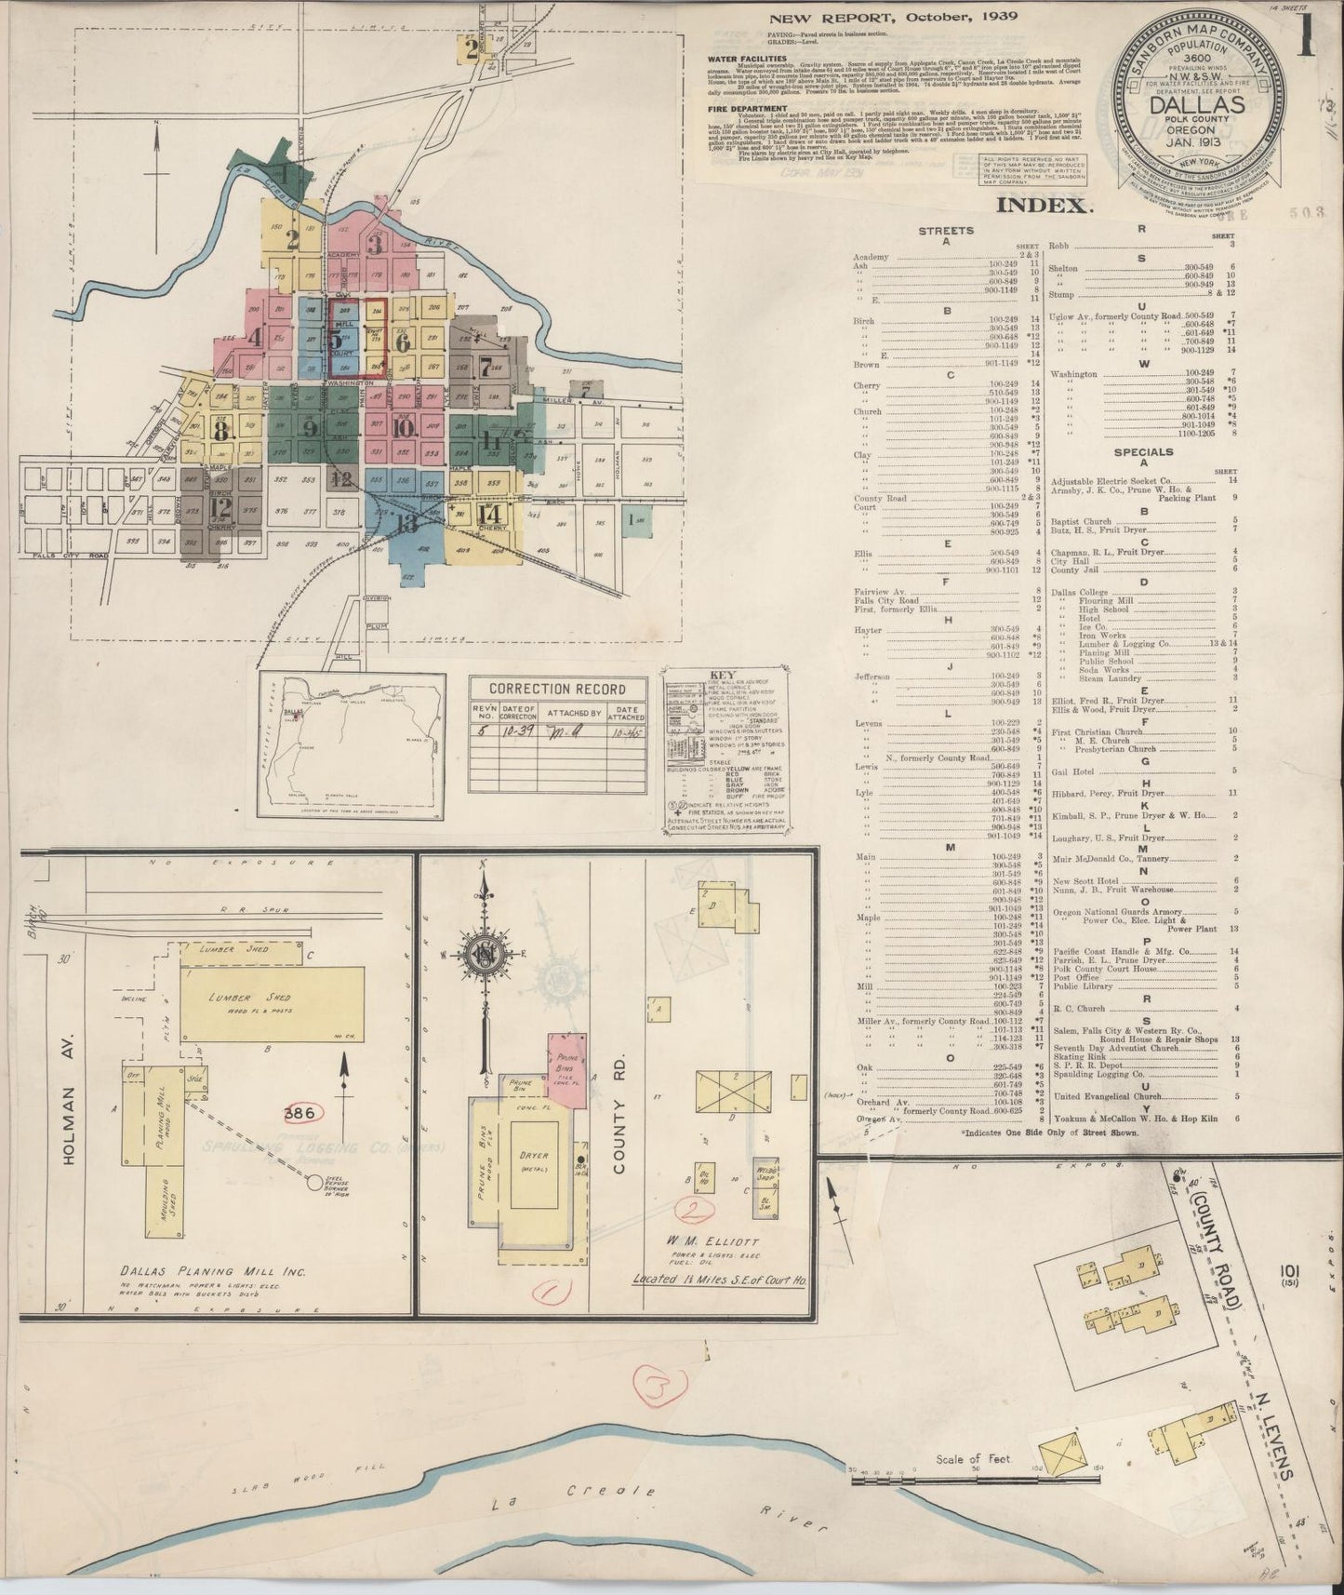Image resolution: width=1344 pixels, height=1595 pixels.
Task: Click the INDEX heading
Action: tap(1042, 206)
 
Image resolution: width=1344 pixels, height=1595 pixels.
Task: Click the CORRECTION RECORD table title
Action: tap(557, 689)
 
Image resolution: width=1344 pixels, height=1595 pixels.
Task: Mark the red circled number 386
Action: tap(304, 1112)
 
